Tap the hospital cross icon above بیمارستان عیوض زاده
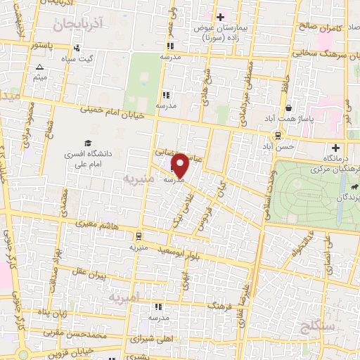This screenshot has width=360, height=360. tap(220, 16)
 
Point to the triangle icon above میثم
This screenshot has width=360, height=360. tap(39, 68)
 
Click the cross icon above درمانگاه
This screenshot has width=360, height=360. tap(335, 148)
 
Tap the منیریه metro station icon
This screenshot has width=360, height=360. tap(139, 236)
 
